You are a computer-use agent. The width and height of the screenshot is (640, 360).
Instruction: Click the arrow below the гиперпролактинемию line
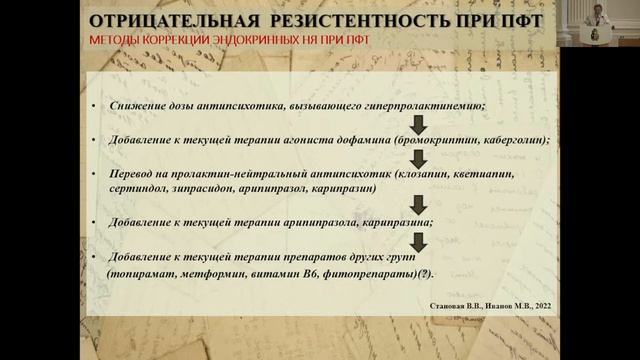[x=419, y=123]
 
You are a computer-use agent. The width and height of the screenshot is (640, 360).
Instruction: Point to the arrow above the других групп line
[x=419, y=240]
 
